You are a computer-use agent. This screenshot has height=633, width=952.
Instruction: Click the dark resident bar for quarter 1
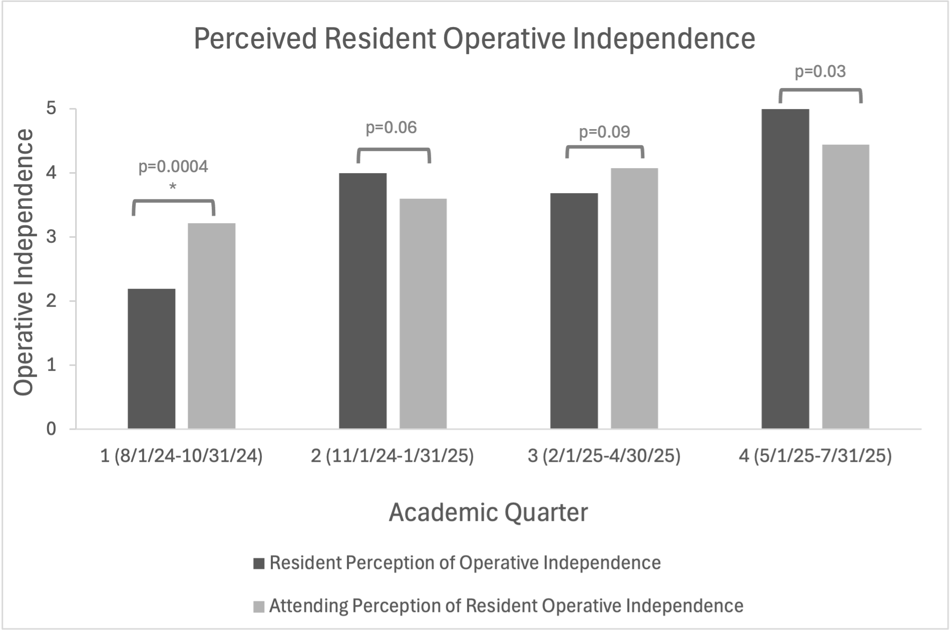pos(152,358)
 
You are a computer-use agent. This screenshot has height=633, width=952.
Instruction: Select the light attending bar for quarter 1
pos(212,326)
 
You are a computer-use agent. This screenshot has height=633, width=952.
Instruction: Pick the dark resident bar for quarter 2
pos(363,301)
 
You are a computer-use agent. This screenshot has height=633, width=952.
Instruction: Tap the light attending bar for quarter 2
pos(423,313)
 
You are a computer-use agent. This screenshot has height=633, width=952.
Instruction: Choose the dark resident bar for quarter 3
pos(574,311)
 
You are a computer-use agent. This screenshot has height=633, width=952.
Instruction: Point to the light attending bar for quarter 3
pos(634,298)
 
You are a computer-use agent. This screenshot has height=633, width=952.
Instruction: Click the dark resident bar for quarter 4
pos(785,269)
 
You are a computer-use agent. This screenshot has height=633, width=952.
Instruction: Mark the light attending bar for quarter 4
pos(845,286)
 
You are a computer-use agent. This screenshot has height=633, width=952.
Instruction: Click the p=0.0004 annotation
pos(173,167)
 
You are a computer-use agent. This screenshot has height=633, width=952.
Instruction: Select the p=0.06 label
pos(391,128)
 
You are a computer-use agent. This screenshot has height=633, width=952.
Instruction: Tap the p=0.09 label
pos(605,132)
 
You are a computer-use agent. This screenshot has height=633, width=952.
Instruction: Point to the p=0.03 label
pos(820,72)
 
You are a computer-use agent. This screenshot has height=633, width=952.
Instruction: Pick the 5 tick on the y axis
pos(51,109)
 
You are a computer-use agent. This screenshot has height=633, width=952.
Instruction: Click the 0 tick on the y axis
pos(51,429)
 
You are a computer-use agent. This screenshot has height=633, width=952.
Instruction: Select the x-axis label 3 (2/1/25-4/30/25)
pos(604,456)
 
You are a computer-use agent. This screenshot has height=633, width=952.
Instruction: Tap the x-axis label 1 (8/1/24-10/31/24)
pos(182,456)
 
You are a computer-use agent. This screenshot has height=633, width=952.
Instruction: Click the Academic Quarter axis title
pos(489,512)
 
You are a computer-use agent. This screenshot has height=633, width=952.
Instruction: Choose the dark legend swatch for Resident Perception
pos(259,563)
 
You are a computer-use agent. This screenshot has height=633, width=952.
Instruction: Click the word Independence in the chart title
pos(664,39)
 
